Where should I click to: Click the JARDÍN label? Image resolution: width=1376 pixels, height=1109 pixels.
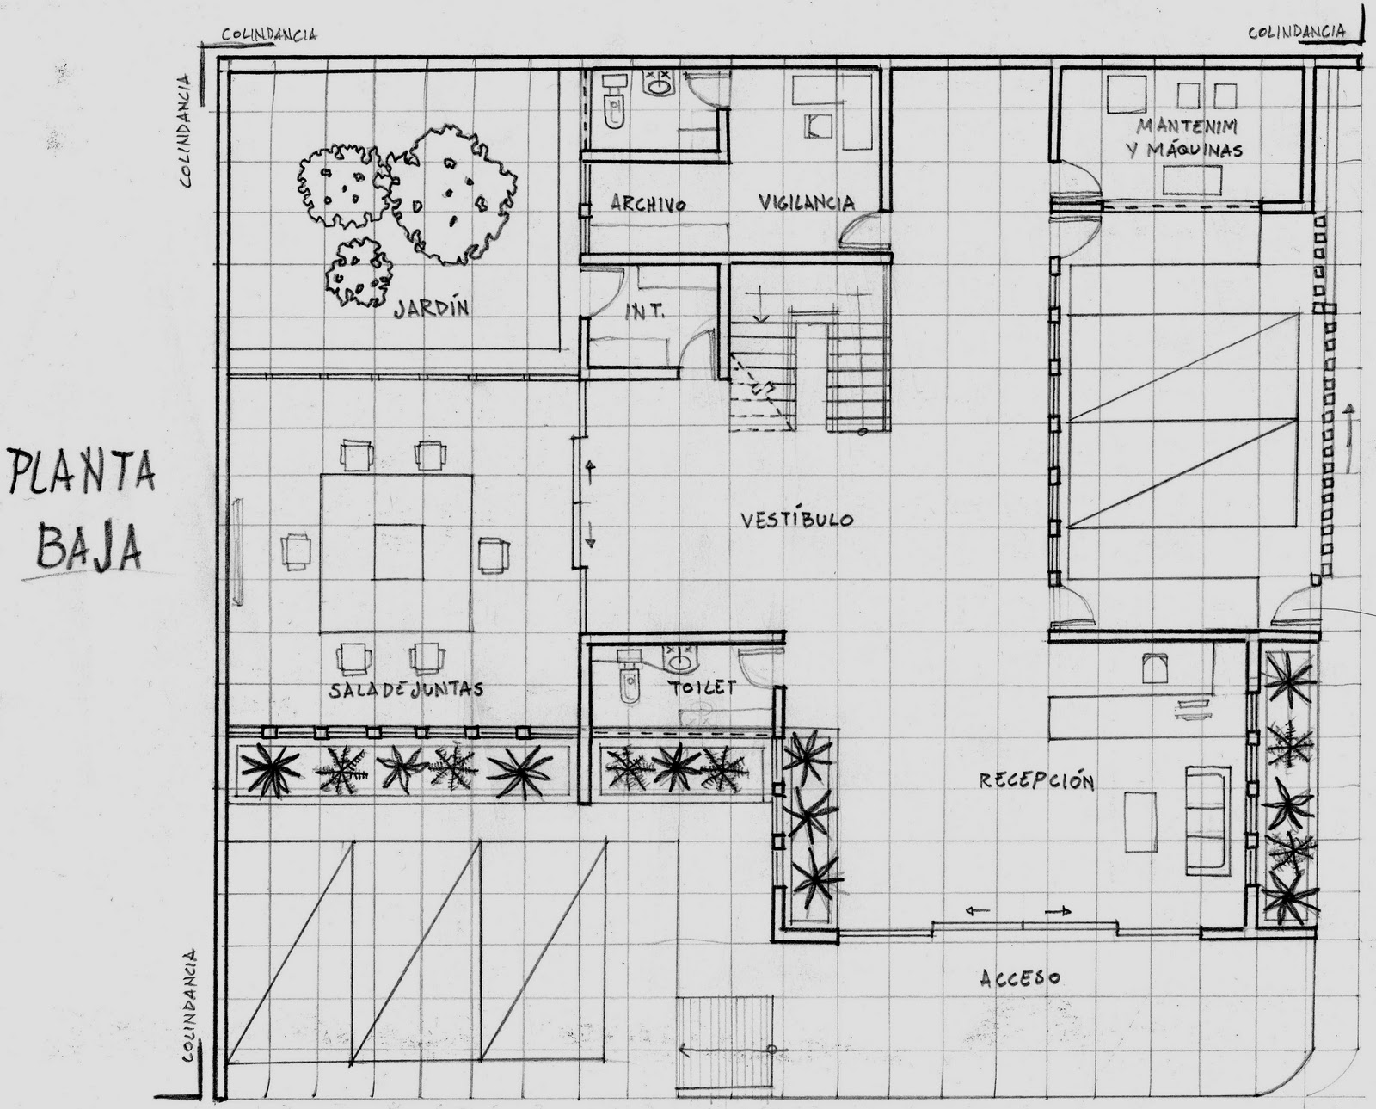(x=432, y=307)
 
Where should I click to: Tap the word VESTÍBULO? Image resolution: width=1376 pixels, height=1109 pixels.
(x=797, y=520)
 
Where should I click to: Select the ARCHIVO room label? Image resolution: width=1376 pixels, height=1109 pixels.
(x=648, y=204)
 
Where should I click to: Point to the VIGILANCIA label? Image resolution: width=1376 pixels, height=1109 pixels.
(x=807, y=203)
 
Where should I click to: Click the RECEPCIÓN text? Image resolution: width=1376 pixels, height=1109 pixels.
(x=1036, y=781)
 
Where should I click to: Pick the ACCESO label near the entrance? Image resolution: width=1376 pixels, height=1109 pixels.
(x=1019, y=977)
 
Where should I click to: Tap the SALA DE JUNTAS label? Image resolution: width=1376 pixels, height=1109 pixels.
(x=406, y=689)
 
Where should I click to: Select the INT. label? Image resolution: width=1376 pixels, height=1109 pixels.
(x=644, y=311)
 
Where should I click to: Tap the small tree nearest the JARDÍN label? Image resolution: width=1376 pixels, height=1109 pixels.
(x=359, y=271)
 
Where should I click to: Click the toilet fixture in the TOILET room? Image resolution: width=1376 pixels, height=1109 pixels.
(x=629, y=680)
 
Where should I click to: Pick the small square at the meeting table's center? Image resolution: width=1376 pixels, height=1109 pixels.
(x=400, y=551)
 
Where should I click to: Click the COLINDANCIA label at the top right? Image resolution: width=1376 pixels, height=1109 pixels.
(x=1297, y=32)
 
